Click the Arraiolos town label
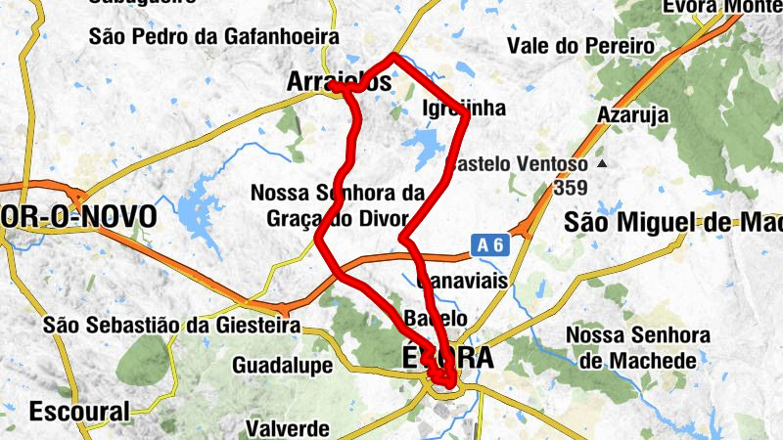coord(339,84)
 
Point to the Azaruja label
coord(636,115)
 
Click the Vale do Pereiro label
coord(580,46)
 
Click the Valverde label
coord(287,428)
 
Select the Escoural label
coord(79,411)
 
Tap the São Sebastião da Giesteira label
coord(170,326)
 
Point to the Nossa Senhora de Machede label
coord(638,347)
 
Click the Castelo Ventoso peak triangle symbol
coord(602,163)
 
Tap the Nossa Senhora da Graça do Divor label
coord(338,204)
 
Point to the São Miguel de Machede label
coord(675,223)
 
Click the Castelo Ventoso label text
coord(519,164)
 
